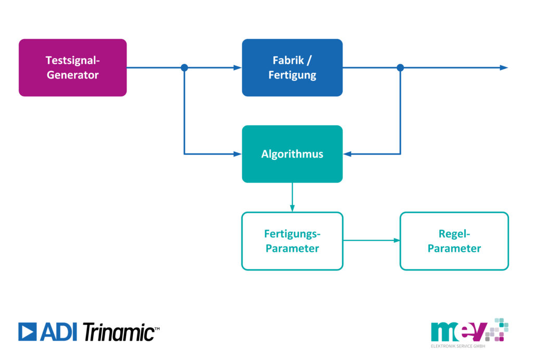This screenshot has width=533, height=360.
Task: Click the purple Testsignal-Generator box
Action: [73, 68]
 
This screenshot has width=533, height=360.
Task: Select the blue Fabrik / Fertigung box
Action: [293, 68]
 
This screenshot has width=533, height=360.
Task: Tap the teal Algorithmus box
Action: [293, 154]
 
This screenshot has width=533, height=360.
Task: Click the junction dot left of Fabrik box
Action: [184, 68]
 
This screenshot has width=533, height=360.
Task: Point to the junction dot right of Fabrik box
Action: [400, 68]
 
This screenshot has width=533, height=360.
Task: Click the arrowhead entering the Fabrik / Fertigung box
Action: [237, 68]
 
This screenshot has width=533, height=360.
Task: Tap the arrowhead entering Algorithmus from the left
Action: [237, 154]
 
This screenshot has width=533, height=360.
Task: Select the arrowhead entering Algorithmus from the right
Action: [347, 154]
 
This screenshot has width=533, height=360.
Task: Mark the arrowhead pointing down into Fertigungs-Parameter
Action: [293, 208]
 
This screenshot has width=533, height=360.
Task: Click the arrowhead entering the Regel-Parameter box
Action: [396, 240]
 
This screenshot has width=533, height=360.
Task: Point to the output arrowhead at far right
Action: [504, 68]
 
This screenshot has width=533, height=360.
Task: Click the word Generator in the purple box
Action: [73, 75]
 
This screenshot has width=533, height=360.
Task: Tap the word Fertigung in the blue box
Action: [293, 75]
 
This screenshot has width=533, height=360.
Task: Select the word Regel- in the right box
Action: [454, 234]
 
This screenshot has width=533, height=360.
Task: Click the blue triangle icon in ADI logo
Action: [27, 331]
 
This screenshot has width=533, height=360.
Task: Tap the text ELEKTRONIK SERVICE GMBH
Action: [458, 346]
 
